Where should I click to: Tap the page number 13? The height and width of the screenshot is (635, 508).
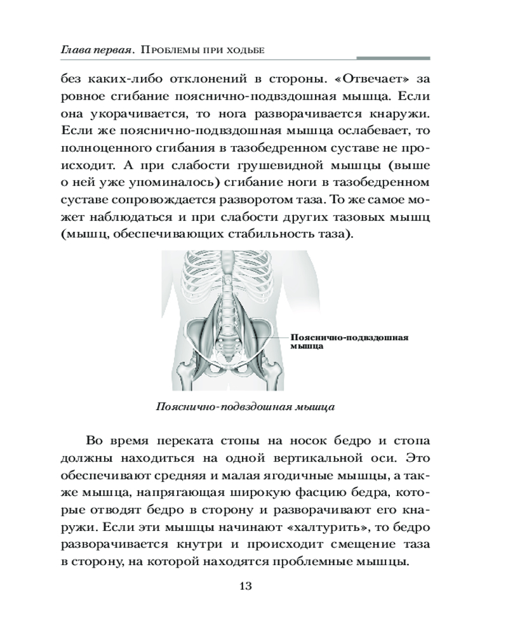[246, 585]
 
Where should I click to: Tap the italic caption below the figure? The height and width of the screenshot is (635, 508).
[245, 406]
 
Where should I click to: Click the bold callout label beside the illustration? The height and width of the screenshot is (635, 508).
[349, 342]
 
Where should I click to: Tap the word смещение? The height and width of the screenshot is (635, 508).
[345, 544]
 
